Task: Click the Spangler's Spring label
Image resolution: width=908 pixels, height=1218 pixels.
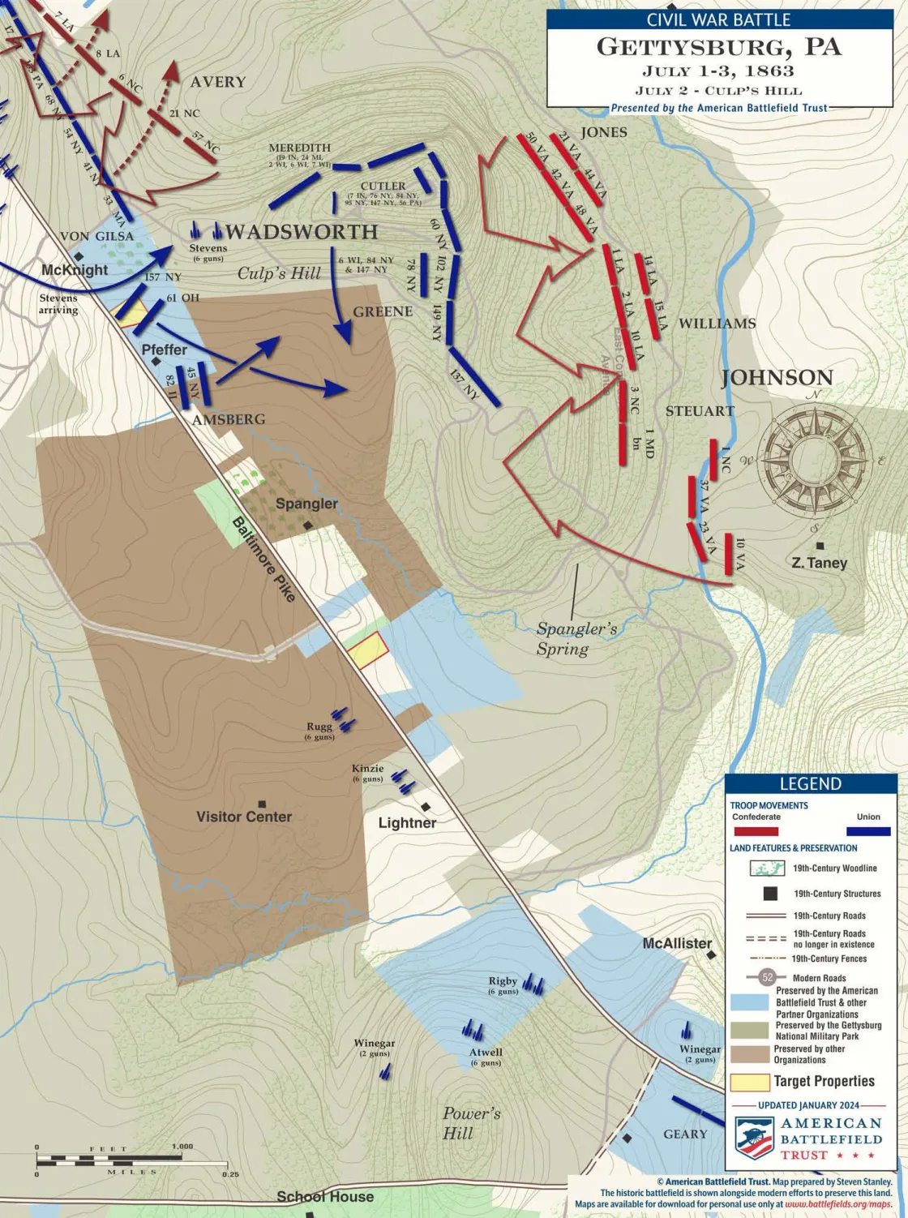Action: [576, 639]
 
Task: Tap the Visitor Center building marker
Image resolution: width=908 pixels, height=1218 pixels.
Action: [261, 802]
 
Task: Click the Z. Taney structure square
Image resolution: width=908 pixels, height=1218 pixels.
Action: [820, 546]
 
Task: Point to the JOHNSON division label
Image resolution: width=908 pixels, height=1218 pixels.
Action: [777, 377]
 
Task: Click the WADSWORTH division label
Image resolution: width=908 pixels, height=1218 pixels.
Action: [301, 232]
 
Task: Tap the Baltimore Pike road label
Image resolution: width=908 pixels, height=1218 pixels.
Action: [264, 559]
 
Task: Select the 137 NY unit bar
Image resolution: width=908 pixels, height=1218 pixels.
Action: [474, 376]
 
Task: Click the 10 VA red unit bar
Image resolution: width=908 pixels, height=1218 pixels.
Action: [729, 554]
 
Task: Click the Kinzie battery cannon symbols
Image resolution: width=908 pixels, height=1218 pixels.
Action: [403, 780]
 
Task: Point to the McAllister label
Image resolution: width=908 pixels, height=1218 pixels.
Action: [677, 943]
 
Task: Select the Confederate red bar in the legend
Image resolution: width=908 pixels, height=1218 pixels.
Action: [755, 831]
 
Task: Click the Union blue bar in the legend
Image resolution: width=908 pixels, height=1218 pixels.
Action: [867, 831]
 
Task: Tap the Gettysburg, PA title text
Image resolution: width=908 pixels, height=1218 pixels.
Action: [718, 47]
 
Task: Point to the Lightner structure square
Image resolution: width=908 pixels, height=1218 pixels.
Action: [426, 807]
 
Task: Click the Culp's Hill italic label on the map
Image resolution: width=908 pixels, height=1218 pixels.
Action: [279, 273]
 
